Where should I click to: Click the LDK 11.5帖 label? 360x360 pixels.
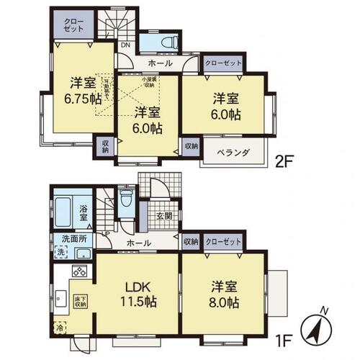[137, 292]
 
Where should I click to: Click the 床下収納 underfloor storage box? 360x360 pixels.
[80, 300]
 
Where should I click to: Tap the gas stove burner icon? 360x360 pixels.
[78, 272]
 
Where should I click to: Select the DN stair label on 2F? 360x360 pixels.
[125, 46]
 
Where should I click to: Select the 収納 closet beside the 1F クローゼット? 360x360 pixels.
[190, 242]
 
